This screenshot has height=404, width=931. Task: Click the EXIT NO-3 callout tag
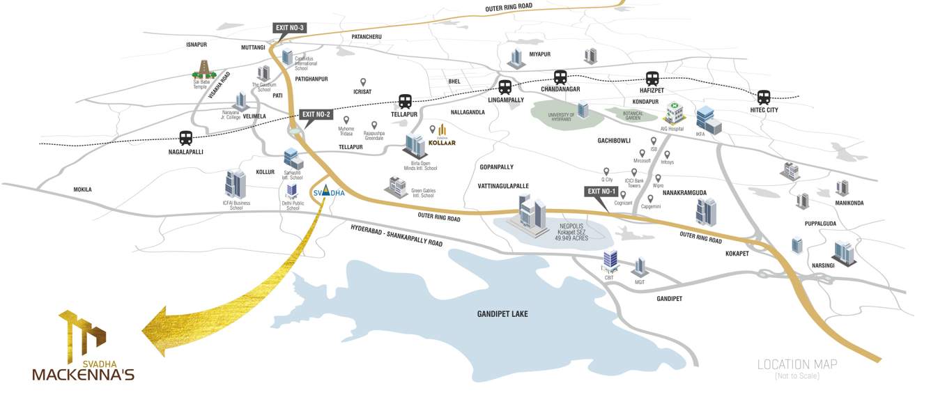[290, 28]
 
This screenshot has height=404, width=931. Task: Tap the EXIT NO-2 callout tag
[316, 114]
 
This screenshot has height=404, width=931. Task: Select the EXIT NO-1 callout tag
[602, 191]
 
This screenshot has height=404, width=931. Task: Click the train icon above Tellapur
[406, 102]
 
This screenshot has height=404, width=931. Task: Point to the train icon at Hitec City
[764, 98]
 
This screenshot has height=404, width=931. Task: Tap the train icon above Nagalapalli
[185, 138]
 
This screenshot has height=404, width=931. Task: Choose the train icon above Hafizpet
[652, 79]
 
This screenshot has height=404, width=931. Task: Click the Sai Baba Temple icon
[203, 70]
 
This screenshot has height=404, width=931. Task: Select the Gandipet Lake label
[502, 314]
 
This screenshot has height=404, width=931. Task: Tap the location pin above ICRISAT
[362, 82]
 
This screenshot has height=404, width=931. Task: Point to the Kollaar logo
[443, 135]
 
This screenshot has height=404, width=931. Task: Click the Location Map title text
[797, 364]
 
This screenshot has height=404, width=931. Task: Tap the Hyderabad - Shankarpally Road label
[397, 235]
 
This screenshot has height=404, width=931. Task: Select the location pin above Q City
[606, 171]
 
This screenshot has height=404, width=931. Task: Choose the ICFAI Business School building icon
[236, 184]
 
